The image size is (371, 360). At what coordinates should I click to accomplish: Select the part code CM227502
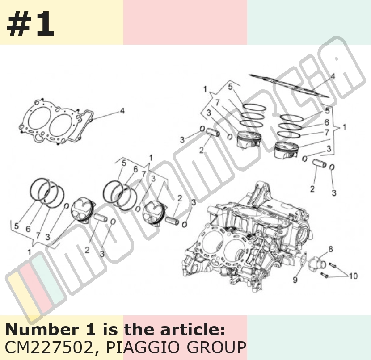point(49,347)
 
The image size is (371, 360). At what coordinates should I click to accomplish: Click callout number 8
point(330,249)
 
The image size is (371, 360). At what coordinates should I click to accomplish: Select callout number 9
point(295,280)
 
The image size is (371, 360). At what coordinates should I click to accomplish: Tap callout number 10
point(353,276)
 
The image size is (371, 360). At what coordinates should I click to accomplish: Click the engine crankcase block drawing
point(246,236)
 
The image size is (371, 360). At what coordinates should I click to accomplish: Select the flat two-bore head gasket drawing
point(56,122)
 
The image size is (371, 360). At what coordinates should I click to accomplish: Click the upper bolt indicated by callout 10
point(333,265)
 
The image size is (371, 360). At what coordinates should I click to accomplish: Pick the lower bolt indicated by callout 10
point(325,275)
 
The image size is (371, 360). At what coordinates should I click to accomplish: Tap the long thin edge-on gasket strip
point(289,86)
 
